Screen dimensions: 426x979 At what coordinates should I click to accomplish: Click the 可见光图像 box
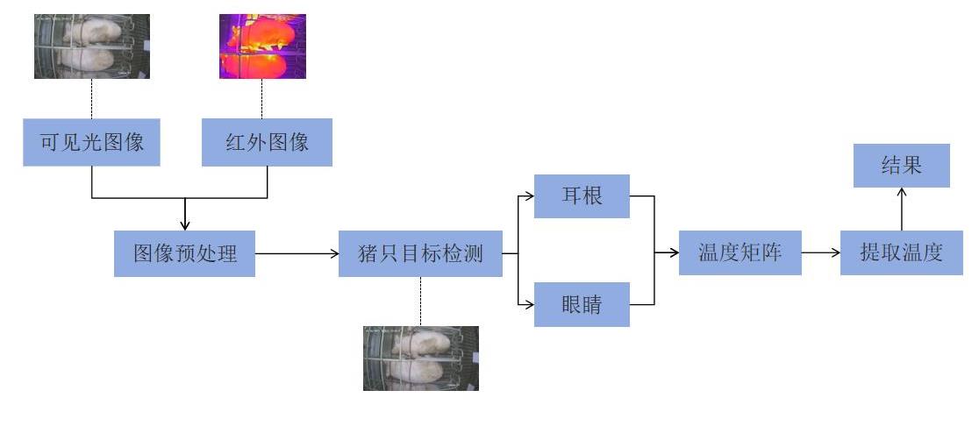click(x=92, y=142)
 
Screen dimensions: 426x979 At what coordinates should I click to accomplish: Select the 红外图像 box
click(x=267, y=142)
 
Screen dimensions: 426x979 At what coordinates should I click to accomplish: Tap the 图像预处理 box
click(x=184, y=253)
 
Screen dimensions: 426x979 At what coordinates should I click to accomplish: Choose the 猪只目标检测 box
click(x=420, y=253)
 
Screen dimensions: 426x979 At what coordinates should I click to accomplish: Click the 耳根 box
click(x=582, y=195)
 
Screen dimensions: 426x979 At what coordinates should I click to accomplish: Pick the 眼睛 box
click(x=582, y=305)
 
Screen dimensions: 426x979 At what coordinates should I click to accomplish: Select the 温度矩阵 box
click(x=740, y=253)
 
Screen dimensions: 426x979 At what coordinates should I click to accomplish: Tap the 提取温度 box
click(x=901, y=253)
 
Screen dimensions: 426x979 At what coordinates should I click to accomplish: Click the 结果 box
click(x=901, y=166)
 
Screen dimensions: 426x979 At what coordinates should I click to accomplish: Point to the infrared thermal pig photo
click(x=262, y=46)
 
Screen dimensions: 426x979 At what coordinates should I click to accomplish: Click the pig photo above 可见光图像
click(x=92, y=46)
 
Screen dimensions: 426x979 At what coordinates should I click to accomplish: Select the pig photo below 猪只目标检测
click(x=421, y=358)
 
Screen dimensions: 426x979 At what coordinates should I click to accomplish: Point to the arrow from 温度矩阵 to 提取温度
click(x=820, y=253)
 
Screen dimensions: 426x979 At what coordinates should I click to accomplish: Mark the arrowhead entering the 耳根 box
click(x=529, y=195)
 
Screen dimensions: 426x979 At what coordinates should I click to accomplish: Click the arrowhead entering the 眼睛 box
click(x=529, y=305)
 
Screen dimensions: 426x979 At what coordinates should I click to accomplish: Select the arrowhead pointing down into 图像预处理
click(x=184, y=225)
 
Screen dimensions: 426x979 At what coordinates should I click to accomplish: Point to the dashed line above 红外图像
click(x=267, y=98)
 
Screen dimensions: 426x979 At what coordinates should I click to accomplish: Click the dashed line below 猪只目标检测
click(x=421, y=301)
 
